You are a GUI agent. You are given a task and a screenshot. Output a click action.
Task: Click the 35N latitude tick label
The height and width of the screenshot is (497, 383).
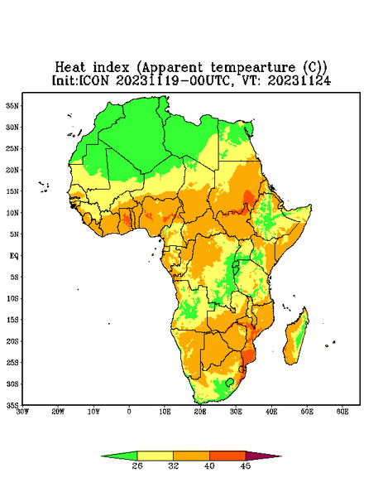tap(12, 106)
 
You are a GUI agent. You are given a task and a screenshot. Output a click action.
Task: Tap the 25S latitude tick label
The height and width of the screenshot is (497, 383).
tap(12, 362)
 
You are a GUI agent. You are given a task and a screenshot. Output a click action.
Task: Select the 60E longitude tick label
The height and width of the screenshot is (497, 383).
tap(342, 412)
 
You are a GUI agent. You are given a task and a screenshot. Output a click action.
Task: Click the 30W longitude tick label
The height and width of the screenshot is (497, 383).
tap(23, 412)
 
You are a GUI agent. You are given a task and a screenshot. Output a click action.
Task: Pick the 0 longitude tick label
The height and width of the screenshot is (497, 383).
tap(129, 412)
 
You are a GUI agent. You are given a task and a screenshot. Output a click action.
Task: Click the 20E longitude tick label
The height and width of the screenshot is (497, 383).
tap(200, 412)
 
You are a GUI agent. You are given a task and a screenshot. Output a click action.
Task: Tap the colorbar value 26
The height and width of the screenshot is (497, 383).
tap(137, 466)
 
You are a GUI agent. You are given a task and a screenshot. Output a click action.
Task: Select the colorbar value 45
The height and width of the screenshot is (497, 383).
tap(246, 466)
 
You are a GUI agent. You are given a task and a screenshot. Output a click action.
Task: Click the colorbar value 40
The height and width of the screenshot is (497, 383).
tap(209, 466)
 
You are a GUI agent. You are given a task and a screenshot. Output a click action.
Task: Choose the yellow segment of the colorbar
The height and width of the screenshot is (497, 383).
tap(155, 456)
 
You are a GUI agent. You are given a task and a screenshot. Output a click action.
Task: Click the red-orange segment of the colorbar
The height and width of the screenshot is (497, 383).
tap(227, 456)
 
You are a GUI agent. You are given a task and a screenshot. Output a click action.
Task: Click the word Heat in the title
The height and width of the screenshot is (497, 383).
tap(70, 68)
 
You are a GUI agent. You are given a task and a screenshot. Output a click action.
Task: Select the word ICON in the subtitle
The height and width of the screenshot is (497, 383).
tap(93, 80)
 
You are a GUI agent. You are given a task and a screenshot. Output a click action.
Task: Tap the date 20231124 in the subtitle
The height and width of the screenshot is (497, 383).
tap(299, 80)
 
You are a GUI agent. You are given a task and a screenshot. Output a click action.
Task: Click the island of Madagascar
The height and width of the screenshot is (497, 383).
tap(297, 338)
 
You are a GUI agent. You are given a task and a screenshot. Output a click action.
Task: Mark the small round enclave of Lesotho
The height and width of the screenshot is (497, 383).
tap(230, 382)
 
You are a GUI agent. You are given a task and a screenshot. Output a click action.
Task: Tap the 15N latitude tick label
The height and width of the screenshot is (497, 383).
tap(12, 191)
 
